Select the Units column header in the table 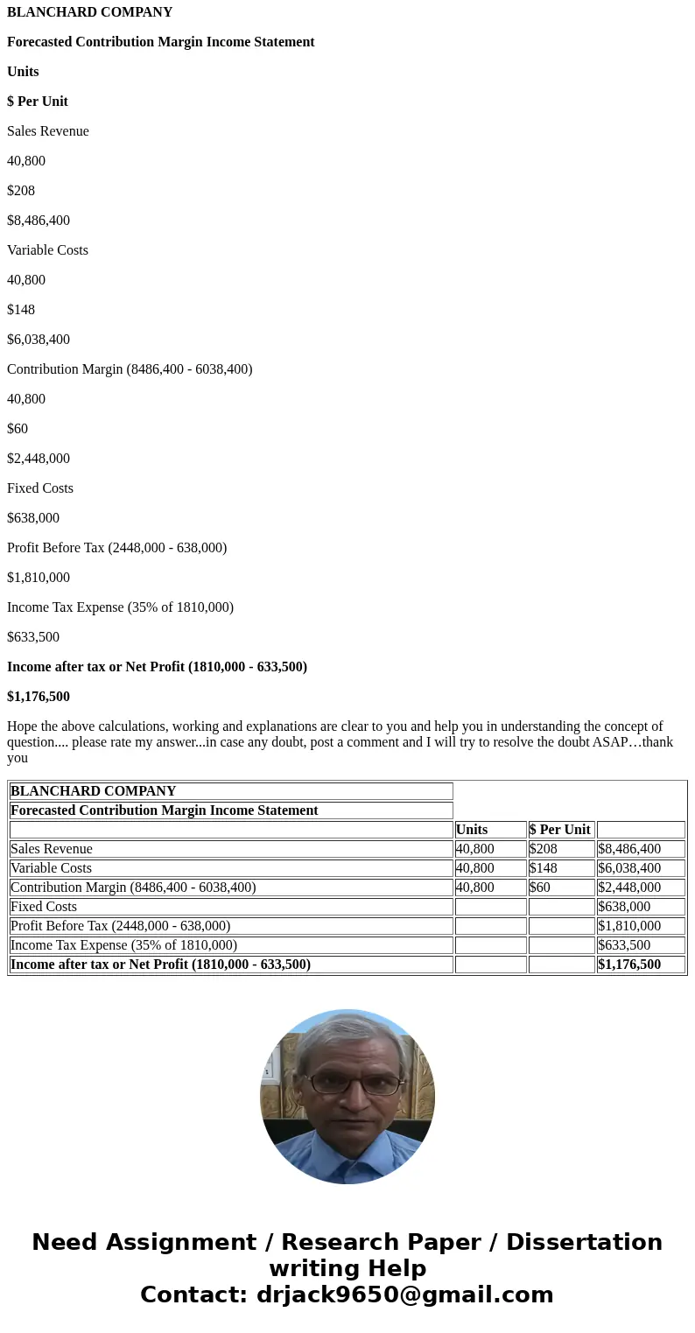click(472, 830)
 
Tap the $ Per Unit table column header click(560, 830)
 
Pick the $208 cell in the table click(544, 849)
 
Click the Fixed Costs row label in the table click(44, 907)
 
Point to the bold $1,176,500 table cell click(629, 965)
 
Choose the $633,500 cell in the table click(624, 945)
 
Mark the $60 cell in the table click(540, 887)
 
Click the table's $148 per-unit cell click(544, 868)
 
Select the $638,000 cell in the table click(624, 907)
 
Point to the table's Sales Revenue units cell click(475, 849)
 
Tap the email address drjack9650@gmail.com click(404, 1295)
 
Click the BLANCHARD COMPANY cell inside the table click(94, 791)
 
